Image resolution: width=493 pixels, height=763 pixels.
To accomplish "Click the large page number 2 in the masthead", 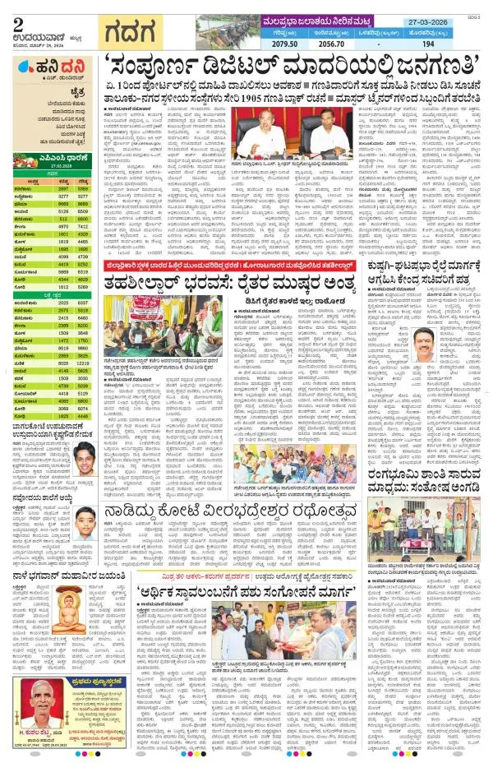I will [16, 11].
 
